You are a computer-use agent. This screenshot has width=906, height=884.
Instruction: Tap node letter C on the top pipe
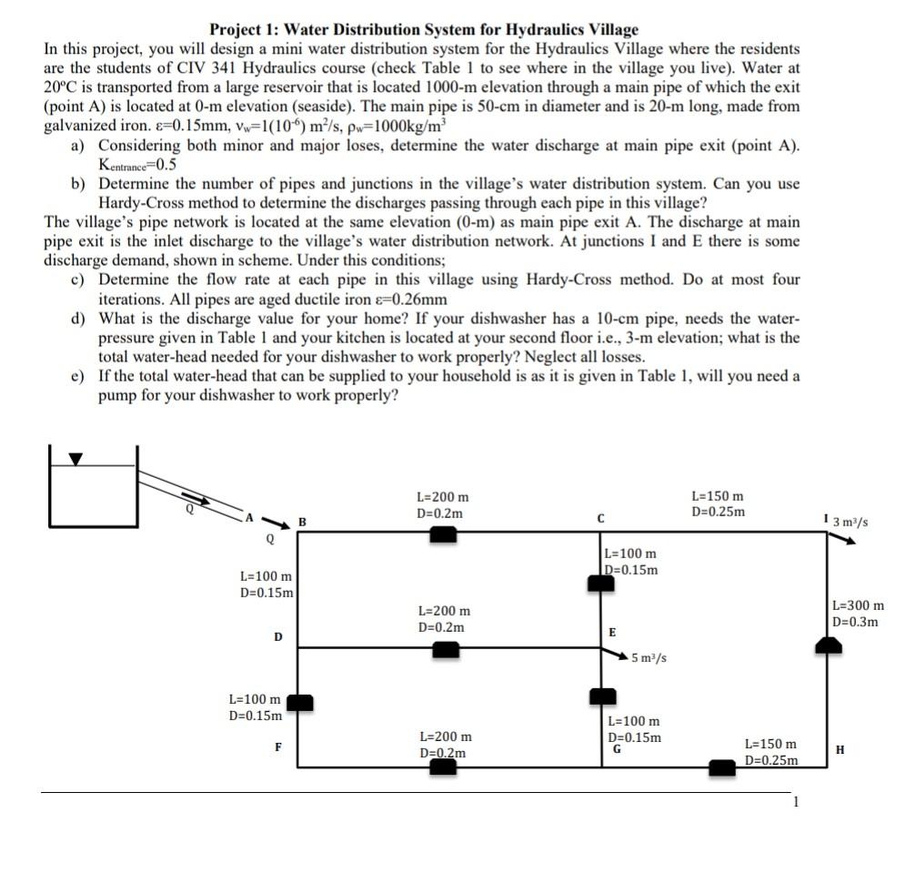pyautogui.click(x=601, y=518)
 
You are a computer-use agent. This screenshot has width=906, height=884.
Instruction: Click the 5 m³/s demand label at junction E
pyautogui.click(x=649, y=657)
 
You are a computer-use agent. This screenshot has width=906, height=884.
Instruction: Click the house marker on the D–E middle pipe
pyautogui.click(x=445, y=649)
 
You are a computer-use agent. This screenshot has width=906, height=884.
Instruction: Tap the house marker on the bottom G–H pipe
pyautogui.click(x=722, y=768)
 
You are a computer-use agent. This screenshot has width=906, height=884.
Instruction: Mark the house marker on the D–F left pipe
pyautogui.click(x=299, y=703)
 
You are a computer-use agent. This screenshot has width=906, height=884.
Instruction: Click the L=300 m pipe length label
pyautogui.click(x=858, y=605)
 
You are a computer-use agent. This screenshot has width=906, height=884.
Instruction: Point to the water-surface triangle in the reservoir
pyautogui.click(x=76, y=459)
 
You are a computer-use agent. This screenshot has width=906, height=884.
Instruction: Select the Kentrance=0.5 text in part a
pyautogui.click(x=136, y=165)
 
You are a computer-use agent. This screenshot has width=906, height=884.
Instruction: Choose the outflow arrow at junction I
pyautogui.click(x=841, y=537)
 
